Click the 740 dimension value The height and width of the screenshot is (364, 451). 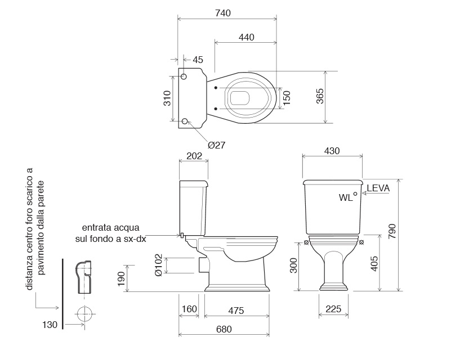[x=223, y=13]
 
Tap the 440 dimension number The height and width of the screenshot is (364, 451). [x=247, y=37]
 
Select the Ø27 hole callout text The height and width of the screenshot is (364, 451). [x=217, y=145]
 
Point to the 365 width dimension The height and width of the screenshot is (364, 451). [x=320, y=96]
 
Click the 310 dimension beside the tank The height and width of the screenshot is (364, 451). [x=167, y=98]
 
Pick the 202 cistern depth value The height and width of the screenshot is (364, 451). [x=194, y=156]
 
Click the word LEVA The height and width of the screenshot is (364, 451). [x=378, y=188]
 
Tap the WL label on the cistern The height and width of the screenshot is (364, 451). [x=346, y=197]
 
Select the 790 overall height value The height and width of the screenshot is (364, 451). [x=392, y=231]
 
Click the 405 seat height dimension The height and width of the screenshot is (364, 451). [x=374, y=263]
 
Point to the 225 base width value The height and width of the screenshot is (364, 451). [x=333, y=309]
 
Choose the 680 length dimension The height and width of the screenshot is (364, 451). [x=224, y=329]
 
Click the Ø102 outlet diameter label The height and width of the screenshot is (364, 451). [x=158, y=265]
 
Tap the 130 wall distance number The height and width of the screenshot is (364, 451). [x=50, y=325]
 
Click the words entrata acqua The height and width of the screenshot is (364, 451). [x=111, y=227]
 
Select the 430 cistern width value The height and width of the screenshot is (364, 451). [x=332, y=151]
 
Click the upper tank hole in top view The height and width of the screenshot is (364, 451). [x=184, y=77]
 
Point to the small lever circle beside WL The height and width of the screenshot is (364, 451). [x=355, y=194]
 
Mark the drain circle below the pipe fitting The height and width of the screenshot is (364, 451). [x=84, y=314]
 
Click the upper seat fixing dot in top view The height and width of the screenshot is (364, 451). [x=216, y=88]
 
